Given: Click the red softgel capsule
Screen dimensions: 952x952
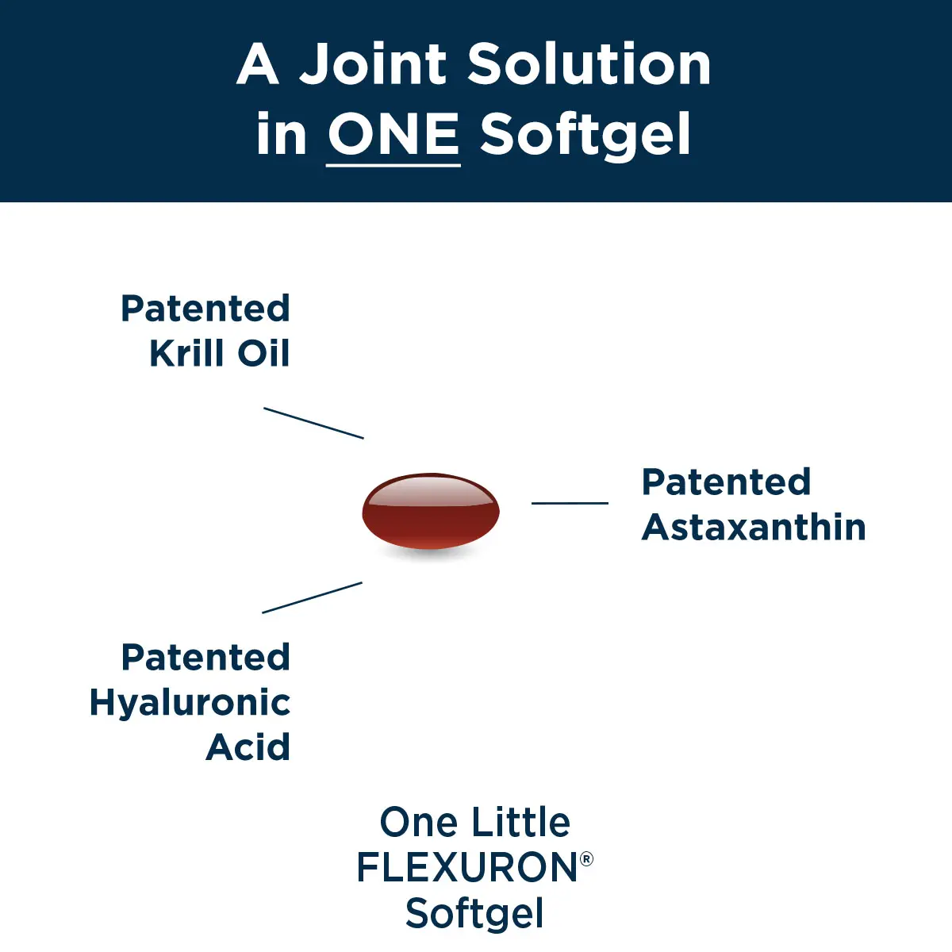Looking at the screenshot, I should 431,512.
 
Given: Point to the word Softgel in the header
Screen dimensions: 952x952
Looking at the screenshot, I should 585,135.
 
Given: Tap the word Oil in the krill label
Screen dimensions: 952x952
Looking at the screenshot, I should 264,353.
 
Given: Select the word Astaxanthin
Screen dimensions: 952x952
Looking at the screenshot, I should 754,527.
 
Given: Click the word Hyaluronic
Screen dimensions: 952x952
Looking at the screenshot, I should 190,702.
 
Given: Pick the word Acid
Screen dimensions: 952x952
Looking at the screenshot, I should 248,747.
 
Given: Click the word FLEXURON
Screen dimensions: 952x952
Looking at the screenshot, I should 466,867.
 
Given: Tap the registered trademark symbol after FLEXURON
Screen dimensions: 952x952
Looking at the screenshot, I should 586,858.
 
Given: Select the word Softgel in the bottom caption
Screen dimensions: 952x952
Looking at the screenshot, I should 474,913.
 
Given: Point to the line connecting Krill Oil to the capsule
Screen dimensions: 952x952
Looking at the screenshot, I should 313,423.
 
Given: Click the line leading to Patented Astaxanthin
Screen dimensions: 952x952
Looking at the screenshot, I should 570,502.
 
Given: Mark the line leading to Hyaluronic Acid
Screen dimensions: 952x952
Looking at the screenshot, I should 312,597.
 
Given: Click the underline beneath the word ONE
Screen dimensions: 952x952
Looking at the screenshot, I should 393,165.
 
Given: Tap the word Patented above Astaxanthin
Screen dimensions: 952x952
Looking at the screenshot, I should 726,482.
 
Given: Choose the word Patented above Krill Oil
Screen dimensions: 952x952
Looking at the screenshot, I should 205,308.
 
